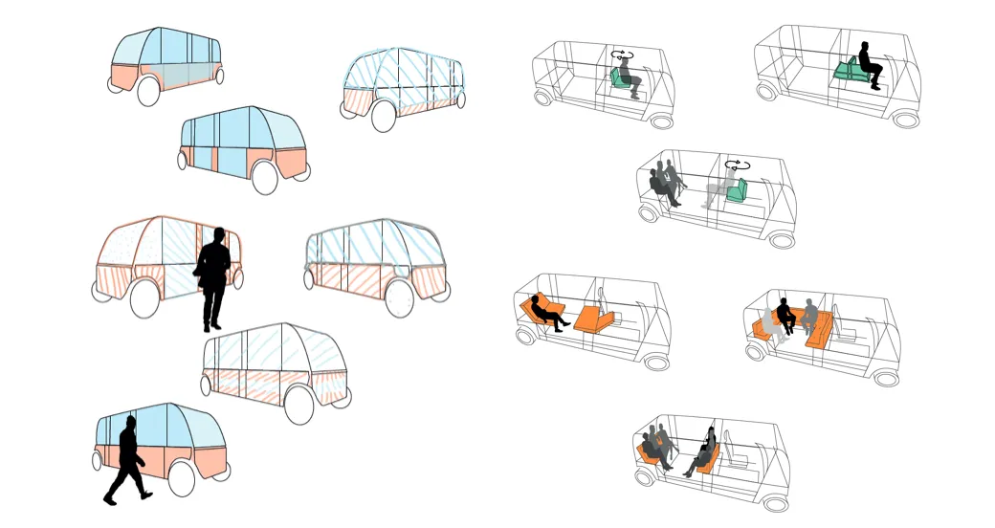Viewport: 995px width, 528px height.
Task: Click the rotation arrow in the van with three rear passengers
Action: point(737,165)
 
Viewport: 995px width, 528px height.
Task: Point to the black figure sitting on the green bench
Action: point(869,64)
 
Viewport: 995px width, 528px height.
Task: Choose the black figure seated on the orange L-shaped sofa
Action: point(785,317)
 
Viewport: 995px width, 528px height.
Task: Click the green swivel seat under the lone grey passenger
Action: point(623,85)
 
